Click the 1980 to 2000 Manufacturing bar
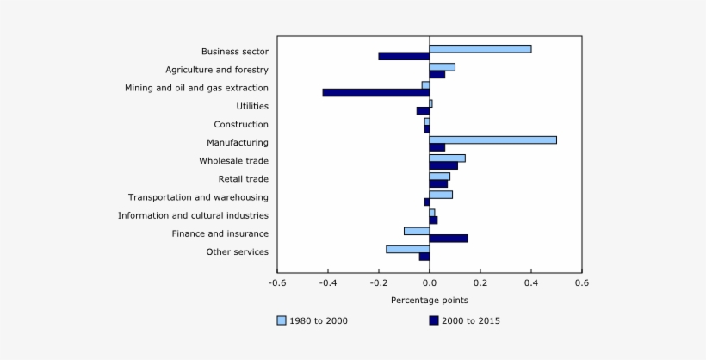coord(492,140)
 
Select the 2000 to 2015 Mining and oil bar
coord(375,92)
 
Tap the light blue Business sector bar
coord(480,48)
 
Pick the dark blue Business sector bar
coord(403,56)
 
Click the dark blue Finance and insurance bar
coord(448,238)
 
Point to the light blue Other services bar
coord(407,249)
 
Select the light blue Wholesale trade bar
coord(447,158)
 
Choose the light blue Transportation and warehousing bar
coord(440,195)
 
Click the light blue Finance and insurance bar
coord(416,231)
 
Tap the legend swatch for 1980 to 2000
coord(282,320)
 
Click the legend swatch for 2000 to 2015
coord(433,320)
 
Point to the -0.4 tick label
coord(327,282)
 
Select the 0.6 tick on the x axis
coord(581,282)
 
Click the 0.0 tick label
coord(429,282)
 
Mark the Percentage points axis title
coord(429,300)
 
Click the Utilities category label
coord(251,106)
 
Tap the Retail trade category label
coord(243,179)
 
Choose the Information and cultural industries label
coord(193,215)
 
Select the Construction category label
coord(241,125)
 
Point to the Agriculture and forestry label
coord(217,70)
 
